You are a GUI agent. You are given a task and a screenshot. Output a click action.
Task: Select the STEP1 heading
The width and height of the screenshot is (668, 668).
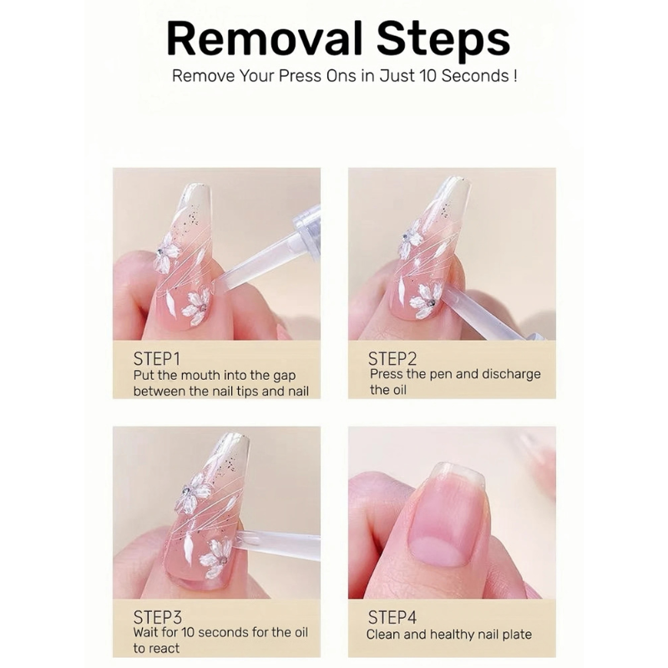pyautogui.click(x=156, y=359)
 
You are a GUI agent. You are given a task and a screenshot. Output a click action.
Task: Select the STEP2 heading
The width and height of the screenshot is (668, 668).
pyautogui.click(x=392, y=359)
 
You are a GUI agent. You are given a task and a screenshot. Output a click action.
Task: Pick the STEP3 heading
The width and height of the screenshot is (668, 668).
pyautogui.click(x=157, y=617)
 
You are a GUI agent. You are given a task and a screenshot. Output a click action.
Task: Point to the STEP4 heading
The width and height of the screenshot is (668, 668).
pyautogui.click(x=392, y=617)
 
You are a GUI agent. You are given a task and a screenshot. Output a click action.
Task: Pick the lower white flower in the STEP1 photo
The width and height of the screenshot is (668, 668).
pyautogui.click(x=196, y=306)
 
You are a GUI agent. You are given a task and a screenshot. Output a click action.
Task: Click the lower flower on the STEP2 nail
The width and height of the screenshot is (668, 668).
pyautogui.click(x=426, y=301)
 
